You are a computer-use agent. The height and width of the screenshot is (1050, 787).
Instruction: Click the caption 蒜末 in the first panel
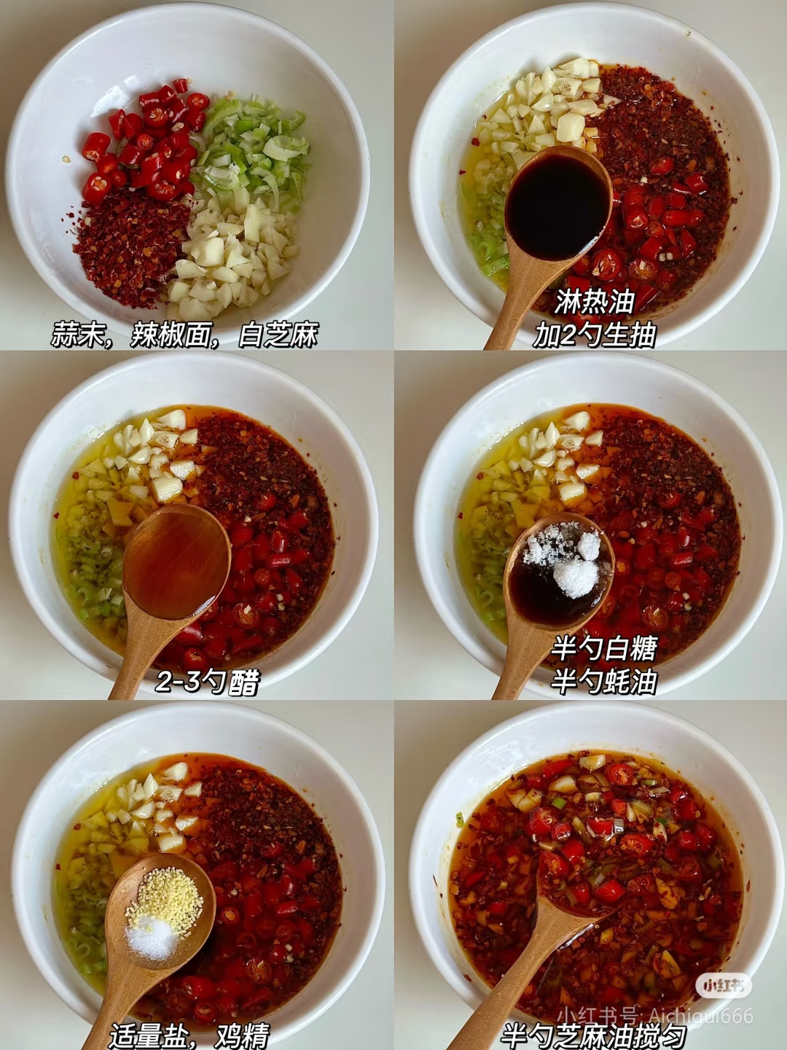[x=76, y=335]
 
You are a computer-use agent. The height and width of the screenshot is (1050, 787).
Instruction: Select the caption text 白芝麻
[x=278, y=335]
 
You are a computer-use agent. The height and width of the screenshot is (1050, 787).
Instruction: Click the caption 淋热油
[x=595, y=301]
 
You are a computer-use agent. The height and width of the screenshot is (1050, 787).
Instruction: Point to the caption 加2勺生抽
[x=595, y=335]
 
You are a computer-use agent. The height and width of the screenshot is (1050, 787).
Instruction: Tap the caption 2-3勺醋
[x=208, y=682]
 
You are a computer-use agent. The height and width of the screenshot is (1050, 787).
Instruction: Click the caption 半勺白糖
[x=605, y=647]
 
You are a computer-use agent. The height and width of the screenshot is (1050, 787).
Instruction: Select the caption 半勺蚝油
[x=605, y=682]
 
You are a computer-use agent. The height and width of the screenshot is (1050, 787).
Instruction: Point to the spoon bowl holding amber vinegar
[x=176, y=561]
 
